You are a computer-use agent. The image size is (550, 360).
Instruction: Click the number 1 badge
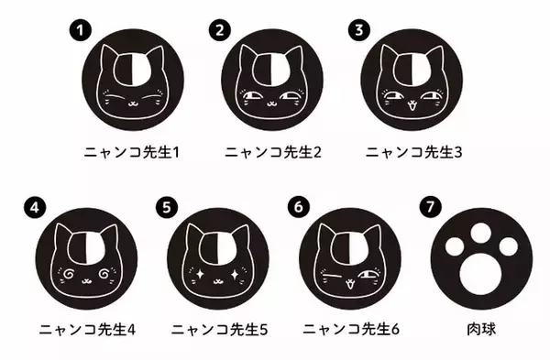[81, 30]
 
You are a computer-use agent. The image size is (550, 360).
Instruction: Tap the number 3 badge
[358, 30]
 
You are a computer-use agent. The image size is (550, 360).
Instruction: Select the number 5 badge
[167, 207]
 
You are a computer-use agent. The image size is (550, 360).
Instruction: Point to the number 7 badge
[430, 207]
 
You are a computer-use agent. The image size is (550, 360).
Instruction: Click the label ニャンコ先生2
[273, 152]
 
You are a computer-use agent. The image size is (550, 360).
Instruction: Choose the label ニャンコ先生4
[87, 329]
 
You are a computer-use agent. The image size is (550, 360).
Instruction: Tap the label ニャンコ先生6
[351, 329]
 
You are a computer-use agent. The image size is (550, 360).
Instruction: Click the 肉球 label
[481, 329]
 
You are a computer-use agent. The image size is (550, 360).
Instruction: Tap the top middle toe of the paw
[481, 233]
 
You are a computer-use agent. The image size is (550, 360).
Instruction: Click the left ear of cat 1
[107, 56]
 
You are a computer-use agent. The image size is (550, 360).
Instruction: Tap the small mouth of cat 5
[218, 280]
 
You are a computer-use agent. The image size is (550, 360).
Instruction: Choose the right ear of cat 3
[434, 57]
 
